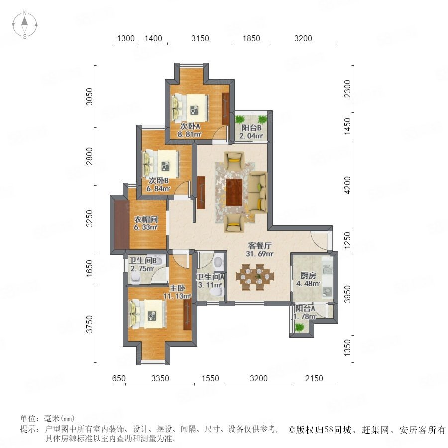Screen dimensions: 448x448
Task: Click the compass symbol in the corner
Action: click(x=25, y=25)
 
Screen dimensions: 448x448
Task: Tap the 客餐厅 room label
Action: click(x=260, y=246)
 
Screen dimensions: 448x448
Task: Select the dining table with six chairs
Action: click(x=255, y=277)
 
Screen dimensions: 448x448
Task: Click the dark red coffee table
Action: click(x=234, y=192)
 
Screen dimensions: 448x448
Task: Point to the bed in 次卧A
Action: click(x=190, y=109)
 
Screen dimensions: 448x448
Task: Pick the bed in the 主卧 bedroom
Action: click(x=147, y=314)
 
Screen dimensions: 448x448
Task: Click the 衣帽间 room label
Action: click(x=146, y=220)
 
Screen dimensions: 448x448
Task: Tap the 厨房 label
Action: click(x=308, y=276)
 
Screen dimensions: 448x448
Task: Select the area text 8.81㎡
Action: click(x=190, y=134)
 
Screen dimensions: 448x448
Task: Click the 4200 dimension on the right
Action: click(x=347, y=185)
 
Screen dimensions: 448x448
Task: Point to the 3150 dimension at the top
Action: click(x=200, y=38)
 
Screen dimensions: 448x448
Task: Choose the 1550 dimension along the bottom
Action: click(x=210, y=379)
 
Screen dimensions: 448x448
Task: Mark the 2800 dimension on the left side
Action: click(x=90, y=156)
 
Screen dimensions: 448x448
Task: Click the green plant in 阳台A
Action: click(x=299, y=327)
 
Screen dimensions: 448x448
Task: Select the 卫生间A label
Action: click(x=210, y=277)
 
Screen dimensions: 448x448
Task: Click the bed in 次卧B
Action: click(x=161, y=164)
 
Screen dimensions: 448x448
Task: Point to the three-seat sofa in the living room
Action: click(x=257, y=192)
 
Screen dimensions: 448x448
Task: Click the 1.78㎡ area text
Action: click(x=305, y=316)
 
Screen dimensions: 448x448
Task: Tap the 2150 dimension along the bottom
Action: click(x=314, y=379)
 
